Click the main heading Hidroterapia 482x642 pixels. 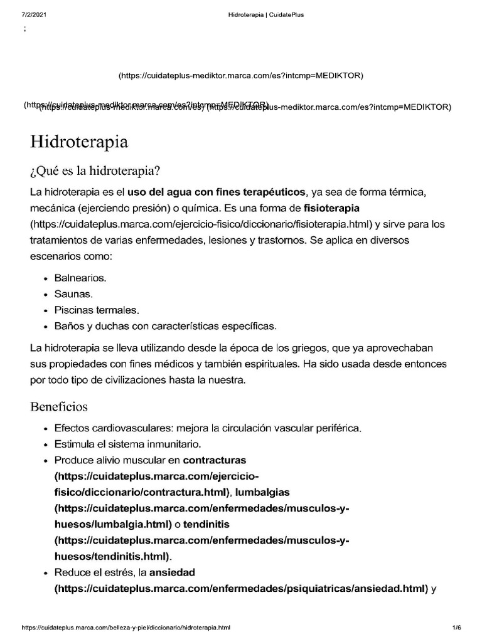[x=79, y=142]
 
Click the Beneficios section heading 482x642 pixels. [x=59, y=407]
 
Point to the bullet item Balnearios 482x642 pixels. [x=80, y=277]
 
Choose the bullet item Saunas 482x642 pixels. [x=73, y=293]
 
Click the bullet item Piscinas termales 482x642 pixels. [x=97, y=310]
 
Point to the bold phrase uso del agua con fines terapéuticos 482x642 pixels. [x=217, y=191]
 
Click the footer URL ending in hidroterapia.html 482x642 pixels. [x=126, y=627]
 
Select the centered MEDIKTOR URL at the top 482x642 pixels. [x=241, y=76]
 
